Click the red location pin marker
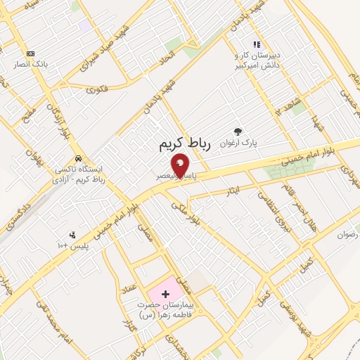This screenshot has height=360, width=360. point(180,165)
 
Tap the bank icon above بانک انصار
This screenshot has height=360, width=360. point(30,53)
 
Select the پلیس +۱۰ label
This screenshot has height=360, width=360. point(72,247)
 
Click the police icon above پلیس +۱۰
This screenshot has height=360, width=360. point(72,236)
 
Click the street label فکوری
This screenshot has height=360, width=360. point(96,90)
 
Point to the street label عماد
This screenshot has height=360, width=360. point(129,289)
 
